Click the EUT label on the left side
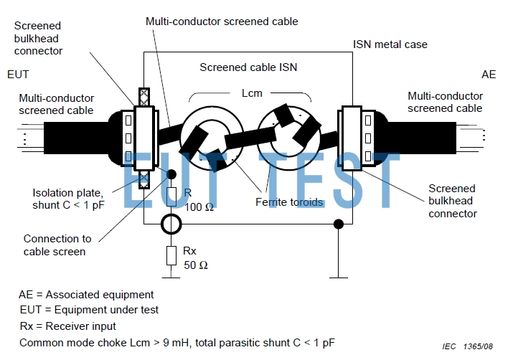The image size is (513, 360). (18, 74)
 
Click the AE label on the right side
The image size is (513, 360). (488, 74)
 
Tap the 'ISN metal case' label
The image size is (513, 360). (390, 44)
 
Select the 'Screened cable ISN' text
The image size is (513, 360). (248, 68)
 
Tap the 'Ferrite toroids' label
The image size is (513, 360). (289, 202)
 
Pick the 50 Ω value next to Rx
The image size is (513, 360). (197, 265)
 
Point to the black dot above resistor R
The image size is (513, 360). (171, 174)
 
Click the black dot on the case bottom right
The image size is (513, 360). (338, 225)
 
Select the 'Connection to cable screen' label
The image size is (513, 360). (57, 245)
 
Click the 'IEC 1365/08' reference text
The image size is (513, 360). (468, 346)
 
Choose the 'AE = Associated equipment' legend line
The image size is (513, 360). (86, 294)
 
